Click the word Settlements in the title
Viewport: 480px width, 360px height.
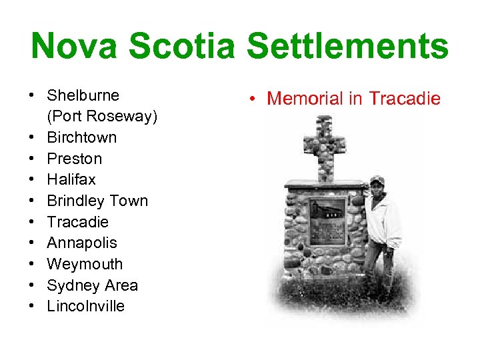point(347,47)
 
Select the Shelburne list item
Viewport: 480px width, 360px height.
point(83,95)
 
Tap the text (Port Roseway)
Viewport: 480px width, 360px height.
point(102,117)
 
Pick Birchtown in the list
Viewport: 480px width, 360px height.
point(81,137)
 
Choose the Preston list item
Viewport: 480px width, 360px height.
point(74,159)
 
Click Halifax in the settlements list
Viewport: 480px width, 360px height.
point(71,179)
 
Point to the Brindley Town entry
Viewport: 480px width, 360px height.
point(97,201)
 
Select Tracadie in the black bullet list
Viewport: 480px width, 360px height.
point(77,222)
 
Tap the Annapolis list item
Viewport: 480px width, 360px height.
point(81,243)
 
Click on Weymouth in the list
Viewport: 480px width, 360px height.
point(85,264)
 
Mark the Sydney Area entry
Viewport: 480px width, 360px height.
point(92,285)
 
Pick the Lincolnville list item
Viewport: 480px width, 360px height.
point(85,306)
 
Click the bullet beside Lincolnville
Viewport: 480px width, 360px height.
point(32,306)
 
